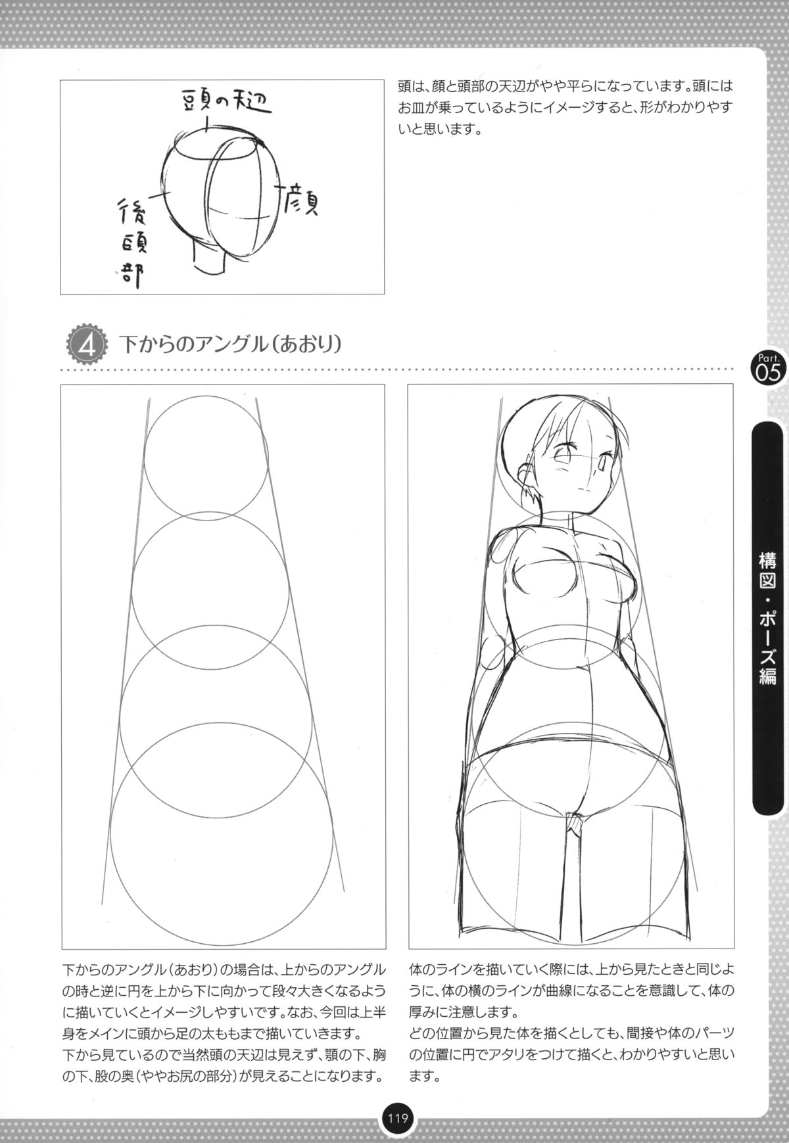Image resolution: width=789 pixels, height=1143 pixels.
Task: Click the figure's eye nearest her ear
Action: [565, 453]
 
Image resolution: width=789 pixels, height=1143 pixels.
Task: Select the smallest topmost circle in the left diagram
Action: [206, 458]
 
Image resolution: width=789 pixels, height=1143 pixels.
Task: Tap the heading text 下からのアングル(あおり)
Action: [230, 345]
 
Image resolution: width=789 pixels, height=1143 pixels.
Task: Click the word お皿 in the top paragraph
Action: [412, 107]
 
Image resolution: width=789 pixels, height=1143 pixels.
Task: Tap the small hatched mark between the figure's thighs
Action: [575, 822]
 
